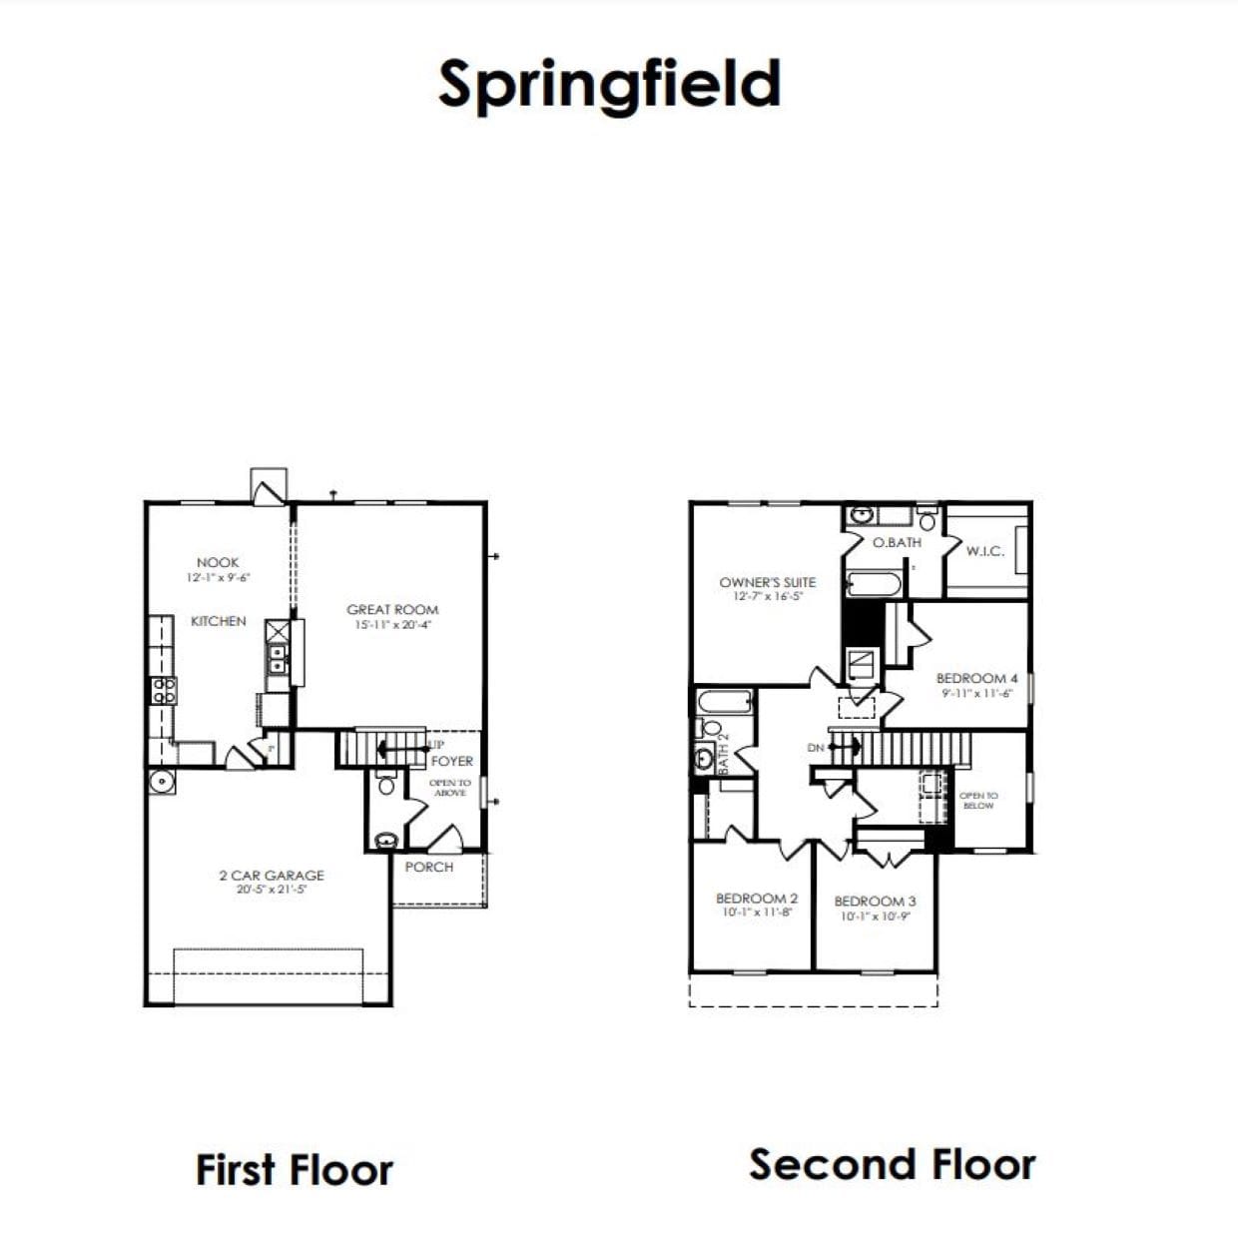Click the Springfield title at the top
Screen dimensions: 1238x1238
(609, 84)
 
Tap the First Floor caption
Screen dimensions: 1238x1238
(295, 1170)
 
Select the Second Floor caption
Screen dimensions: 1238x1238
(893, 1164)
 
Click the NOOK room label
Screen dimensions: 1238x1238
(218, 563)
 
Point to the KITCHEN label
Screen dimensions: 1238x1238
(218, 621)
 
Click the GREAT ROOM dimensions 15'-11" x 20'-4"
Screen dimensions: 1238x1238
(392, 625)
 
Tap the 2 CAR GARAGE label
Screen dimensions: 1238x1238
(272, 876)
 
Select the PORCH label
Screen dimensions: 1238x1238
(429, 867)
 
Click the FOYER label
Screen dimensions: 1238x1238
(452, 761)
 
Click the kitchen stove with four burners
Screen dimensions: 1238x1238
(163, 690)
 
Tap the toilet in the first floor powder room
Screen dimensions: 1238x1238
(386, 784)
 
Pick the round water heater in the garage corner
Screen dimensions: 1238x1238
(160, 782)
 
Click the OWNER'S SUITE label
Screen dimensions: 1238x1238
(767, 582)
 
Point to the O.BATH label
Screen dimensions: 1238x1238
(897, 542)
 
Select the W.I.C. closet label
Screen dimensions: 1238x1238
(984, 551)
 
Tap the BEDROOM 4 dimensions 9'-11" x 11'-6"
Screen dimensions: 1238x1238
(976, 693)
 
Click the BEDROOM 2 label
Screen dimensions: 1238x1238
(756, 899)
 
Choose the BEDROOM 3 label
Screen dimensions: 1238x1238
(875, 901)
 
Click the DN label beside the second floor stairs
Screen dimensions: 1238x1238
(816, 748)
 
